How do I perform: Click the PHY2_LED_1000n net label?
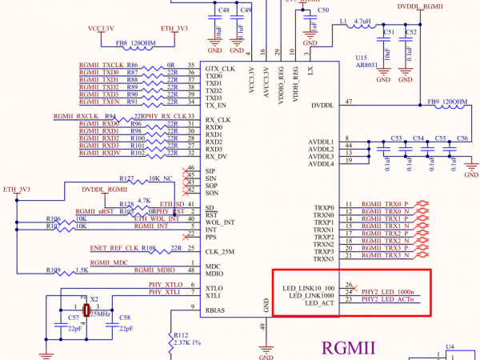(388, 292)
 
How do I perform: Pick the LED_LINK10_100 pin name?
(308, 286)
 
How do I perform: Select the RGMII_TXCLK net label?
(102, 64)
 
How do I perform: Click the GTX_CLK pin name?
(219, 69)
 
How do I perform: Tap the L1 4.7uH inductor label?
(354, 22)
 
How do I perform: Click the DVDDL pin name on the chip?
(322, 105)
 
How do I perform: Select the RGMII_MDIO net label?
(110, 270)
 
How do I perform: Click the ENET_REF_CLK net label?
(114, 249)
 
